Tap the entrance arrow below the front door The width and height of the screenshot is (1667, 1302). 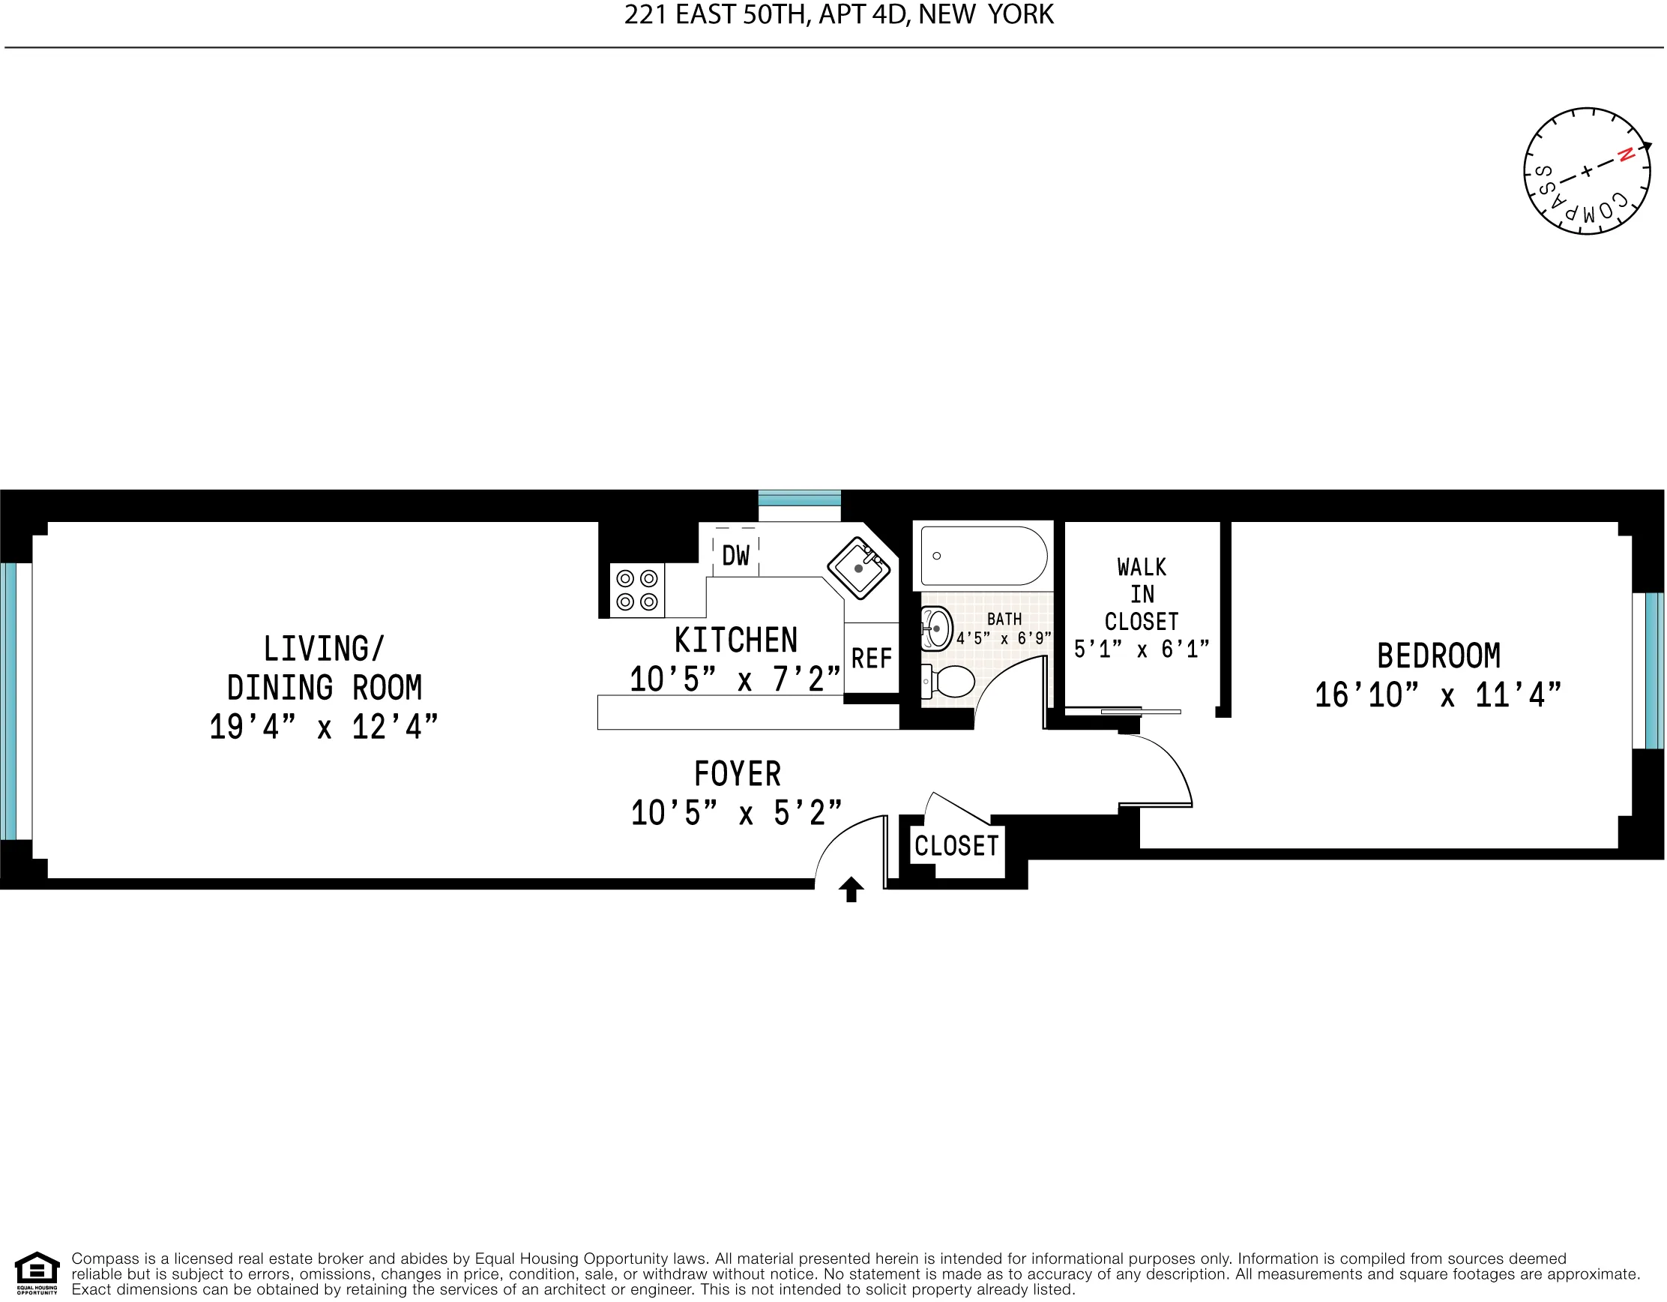click(x=851, y=889)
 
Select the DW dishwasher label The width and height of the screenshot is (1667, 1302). click(x=736, y=556)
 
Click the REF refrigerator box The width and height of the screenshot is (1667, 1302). click(x=872, y=658)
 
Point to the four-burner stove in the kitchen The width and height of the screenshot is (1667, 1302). click(x=637, y=590)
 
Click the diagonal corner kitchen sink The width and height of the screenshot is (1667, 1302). click(x=860, y=568)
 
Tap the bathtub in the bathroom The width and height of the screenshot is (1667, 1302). click(x=984, y=556)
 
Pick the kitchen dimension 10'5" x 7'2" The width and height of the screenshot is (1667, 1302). click(x=735, y=679)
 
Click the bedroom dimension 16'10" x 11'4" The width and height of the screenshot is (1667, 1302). click(x=1438, y=696)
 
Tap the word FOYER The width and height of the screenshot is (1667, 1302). click(x=738, y=774)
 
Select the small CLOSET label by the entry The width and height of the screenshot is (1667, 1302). click(x=956, y=846)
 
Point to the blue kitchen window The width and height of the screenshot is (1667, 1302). click(x=799, y=498)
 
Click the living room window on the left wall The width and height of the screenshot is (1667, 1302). click(x=8, y=702)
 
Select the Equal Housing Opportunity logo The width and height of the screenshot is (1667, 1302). click(x=37, y=1273)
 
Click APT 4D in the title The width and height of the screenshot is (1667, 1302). click(x=864, y=14)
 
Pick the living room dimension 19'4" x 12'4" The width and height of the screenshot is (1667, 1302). click(x=324, y=727)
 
